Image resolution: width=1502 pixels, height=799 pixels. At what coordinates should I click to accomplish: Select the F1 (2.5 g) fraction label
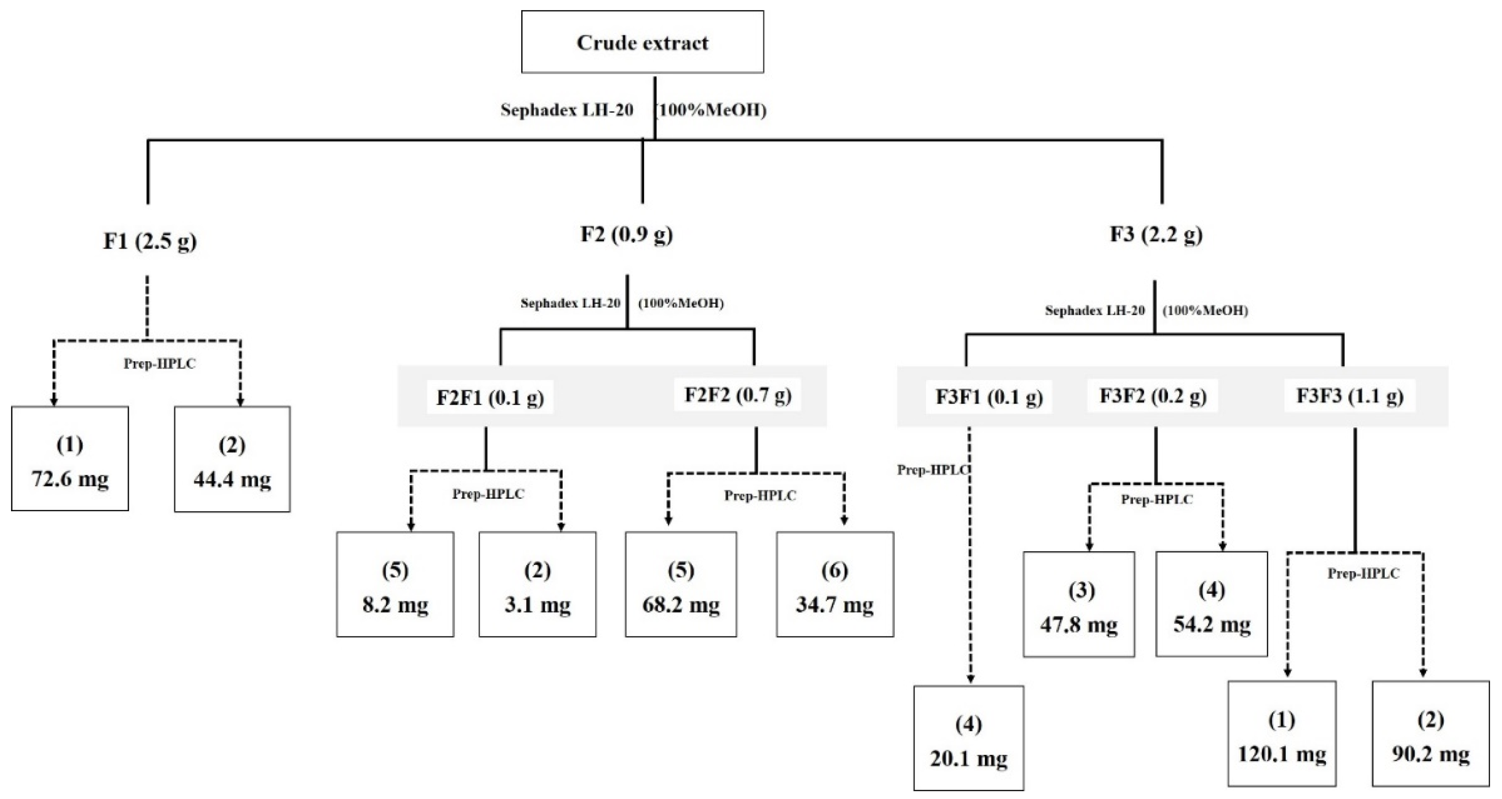point(150,241)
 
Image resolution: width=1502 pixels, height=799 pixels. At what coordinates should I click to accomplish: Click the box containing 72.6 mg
point(70,459)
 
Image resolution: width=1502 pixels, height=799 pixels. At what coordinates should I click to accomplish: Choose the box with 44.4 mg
point(232,459)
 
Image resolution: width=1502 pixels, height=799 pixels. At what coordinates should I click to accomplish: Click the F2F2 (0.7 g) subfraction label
point(737,394)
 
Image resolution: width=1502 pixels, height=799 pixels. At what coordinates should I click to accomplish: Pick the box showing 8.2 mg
point(395,584)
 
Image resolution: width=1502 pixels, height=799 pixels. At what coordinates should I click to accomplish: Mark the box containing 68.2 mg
point(680,584)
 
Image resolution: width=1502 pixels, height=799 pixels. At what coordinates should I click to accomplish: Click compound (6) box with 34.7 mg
point(834,584)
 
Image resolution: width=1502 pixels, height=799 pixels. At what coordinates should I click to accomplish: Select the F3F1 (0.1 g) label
point(989,397)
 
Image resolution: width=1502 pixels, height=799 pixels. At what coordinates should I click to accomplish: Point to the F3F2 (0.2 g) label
point(1153,396)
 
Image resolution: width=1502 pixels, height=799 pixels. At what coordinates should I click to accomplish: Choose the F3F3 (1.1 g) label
point(1349,396)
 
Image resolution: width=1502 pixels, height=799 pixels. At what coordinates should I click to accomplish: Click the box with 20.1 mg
point(968,738)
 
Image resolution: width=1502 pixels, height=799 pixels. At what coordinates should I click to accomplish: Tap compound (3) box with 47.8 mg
point(1079,605)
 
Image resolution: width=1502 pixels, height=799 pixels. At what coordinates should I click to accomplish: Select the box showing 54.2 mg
point(1212,605)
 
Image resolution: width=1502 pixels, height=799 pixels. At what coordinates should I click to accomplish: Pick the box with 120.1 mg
point(1282,734)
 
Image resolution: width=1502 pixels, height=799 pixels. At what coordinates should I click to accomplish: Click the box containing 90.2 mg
point(1430,734)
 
